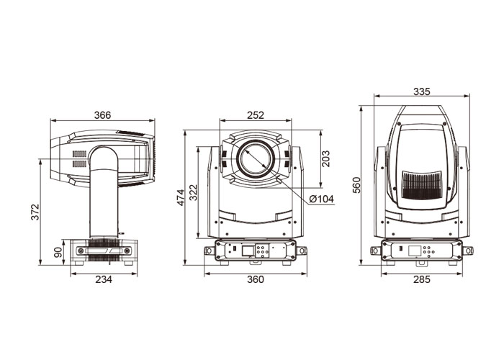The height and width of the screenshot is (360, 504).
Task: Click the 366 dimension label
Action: (x=102, y=114)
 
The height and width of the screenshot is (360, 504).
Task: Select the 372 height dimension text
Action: (x=35, y=212)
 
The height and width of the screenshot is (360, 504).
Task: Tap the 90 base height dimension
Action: (x=58, y=252)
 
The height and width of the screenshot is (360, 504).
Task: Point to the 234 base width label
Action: (x=104, y=279)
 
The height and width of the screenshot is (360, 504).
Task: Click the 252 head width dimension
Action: (x=256, y=114)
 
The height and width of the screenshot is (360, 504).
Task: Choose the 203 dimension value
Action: (x=325, y=158)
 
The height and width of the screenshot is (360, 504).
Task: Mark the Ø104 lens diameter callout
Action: (x=321, y=199)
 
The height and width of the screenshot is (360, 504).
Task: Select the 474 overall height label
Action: (x=181, y=197)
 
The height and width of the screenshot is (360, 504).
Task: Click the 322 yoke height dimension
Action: (x=193, y=192)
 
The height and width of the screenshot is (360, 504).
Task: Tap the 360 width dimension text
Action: (x=256, y=279)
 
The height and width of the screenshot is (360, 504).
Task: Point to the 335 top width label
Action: (x=421, y=91)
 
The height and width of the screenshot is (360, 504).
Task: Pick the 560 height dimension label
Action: (x=356, y=185)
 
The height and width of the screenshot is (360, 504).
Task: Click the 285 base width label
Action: (x=421, y=279)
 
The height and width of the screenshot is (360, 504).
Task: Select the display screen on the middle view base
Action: (x=248, y=251)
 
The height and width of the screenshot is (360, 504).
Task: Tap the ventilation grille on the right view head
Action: (x=422, y=185)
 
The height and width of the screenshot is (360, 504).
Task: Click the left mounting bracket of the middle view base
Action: (x=209, y=251)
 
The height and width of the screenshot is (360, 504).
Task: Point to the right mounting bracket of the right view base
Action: (x=468, y=251)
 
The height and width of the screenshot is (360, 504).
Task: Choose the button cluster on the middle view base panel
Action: (x=263, y=251)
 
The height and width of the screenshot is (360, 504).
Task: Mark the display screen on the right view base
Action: (x=415, y=251)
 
